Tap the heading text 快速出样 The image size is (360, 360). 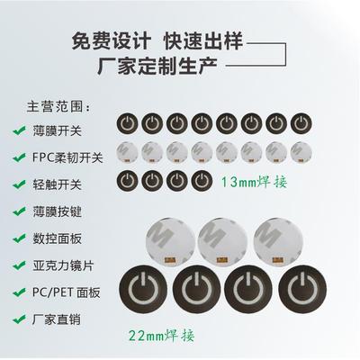click(202, 42)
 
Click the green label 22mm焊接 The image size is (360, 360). click(162, 337)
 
